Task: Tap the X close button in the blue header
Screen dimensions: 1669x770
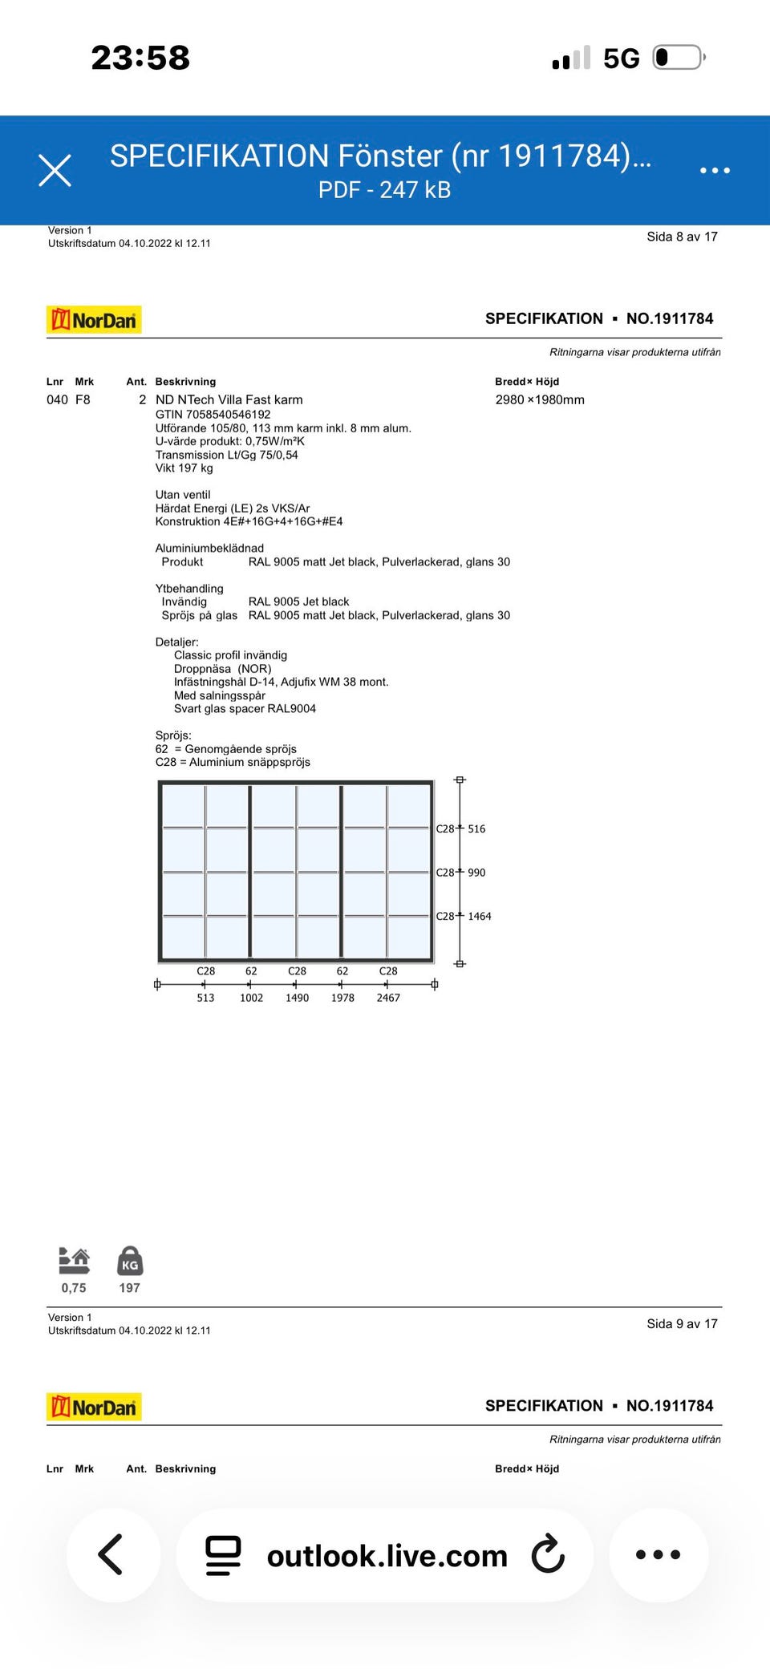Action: pyautogui.click(x=55, y=170)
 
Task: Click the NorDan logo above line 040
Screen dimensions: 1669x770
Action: pyautogui.click(x=94, y=320)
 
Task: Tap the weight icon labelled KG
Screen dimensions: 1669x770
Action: pyautogui.click(x=130, y=1261)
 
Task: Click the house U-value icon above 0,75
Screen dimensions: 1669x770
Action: pyautogui.click(x=74, y=1261)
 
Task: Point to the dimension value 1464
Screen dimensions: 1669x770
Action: pyautogui.click(x=480, y=916)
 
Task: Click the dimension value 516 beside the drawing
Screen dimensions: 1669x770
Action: pyautogui.click(x=476, y=828)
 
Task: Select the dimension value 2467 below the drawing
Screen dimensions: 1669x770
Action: pyautogui.click(x=388, y=998)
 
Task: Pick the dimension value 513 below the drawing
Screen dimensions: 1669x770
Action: pyautogui.click(x=205, y=998)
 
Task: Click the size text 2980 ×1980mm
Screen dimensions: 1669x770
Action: pyautogui.click(x=540, y=399)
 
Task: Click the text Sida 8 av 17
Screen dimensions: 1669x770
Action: pyautogui.click(x=682, y=237)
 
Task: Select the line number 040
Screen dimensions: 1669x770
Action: pyautogui.click(x=57, y=399)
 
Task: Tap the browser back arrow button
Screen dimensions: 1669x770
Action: pyautogui.click(x=112, y=1554)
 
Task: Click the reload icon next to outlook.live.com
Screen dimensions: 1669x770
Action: pyautogui.click(x=549, y=1554)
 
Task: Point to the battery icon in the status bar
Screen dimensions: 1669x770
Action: pyautogui.click(x=679, y=58)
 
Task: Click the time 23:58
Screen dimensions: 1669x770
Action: pyautogui.click(x=140, y=58)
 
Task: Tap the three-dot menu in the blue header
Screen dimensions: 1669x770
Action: pyautogui.click(x=715, y=170)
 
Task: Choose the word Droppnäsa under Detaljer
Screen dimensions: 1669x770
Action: pyautogui.click(x=202, y=669)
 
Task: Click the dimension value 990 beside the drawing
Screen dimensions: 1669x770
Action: pyautogui.click(x=476, y=873)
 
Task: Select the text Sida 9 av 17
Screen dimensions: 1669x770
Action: pyautogui.click(x=682, y=1323)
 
